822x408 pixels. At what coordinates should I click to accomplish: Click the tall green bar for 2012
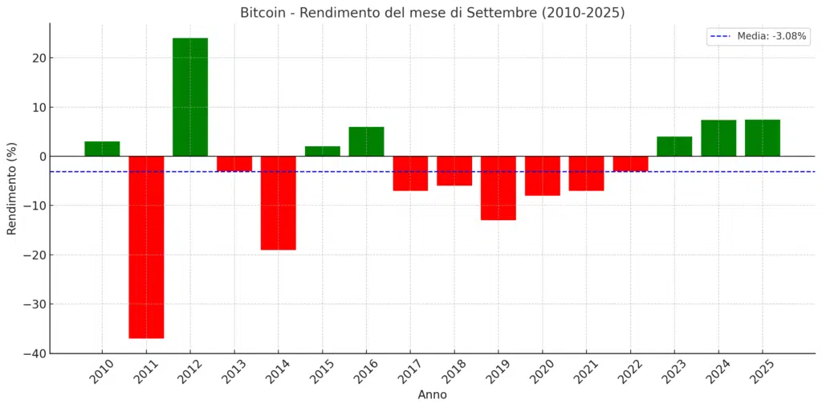click(x=190, y=97)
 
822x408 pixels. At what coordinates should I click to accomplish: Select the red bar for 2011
click(x=146, y=247)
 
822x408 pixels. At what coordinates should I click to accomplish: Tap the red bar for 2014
click(x=278, y=202)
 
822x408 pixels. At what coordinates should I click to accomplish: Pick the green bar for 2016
click(x=366, y=141)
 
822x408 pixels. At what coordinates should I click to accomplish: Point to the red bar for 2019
click(x=498, y=188)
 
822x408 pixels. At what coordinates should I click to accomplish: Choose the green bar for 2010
click(x=102, y=149)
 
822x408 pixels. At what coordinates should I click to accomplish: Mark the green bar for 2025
click(x=762, y=138)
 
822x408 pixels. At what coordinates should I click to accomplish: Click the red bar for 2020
click(x=543, y=176)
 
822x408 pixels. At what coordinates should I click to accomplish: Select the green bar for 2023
click(x=674, y=146)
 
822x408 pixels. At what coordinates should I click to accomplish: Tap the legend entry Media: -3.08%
click(x=758, y=36)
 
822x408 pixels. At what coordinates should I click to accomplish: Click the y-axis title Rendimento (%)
click(x=11, y=189)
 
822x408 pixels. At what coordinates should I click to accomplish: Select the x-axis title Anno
click(x=432, y=395)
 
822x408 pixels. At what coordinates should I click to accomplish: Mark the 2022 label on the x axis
click(x=629, y=372)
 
